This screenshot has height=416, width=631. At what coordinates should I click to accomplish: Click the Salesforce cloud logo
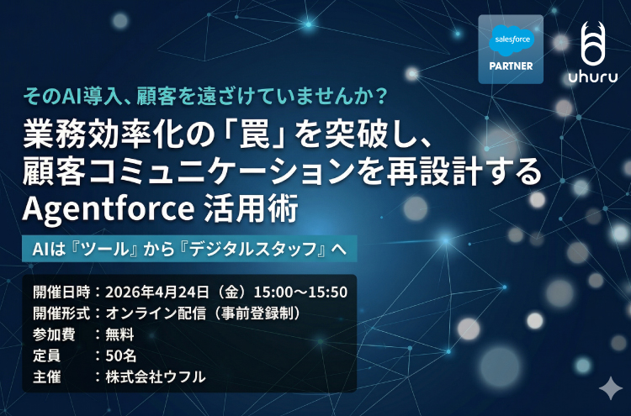[x=511, y=39]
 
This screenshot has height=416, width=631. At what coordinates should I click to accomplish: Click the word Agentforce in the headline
[x=99, y=207]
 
